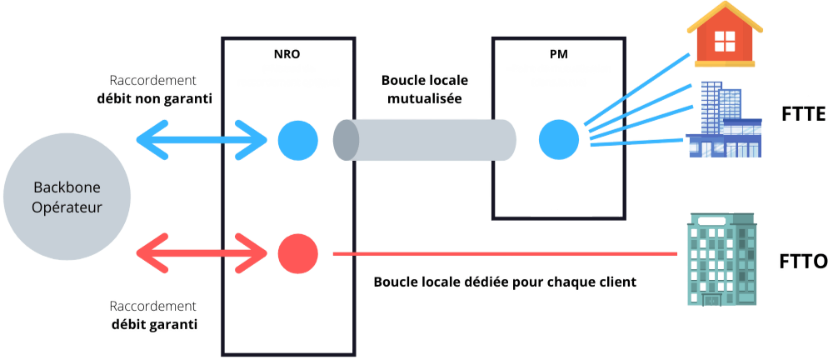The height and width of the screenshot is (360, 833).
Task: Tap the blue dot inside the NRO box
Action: pos(297,138)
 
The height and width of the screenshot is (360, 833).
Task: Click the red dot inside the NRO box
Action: pos(297,253)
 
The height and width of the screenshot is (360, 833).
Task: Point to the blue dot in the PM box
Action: pos(558,138)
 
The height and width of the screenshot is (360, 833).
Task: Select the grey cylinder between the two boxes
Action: pos(425,138)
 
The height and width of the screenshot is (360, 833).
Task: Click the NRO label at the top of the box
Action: pos(287,54)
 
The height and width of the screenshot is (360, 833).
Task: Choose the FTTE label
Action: pos(804,114)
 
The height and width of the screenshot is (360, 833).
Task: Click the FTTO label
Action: pos(804,262)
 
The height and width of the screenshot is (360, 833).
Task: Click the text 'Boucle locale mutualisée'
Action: pos(425,89)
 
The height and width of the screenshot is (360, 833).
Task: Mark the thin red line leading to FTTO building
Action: pos(500,253)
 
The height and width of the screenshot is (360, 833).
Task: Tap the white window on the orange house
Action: pos(724,38)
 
